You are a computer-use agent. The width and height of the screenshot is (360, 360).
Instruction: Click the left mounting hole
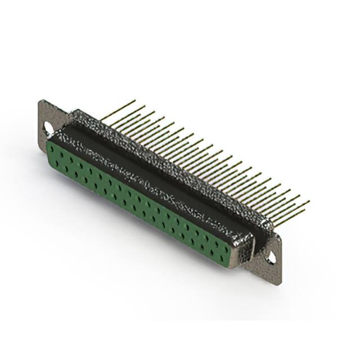tap(48, 129)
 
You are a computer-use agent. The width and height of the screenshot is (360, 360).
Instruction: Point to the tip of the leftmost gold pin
tap(135, 101)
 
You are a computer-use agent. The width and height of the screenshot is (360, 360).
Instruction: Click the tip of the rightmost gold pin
tap(309, 201)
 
